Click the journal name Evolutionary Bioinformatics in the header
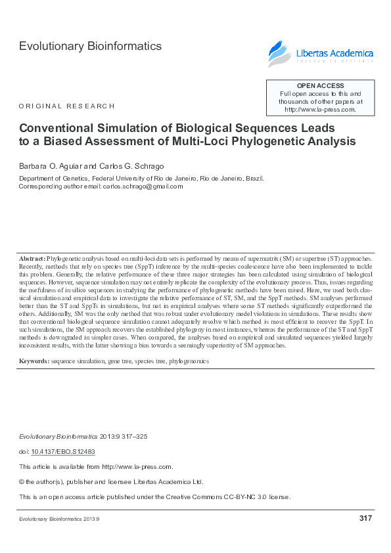coord(90,46)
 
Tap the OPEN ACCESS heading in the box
coord(320,86)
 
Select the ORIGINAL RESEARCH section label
coord(66,106)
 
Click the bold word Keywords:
coord(34,361)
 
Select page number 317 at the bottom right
coord(366,518)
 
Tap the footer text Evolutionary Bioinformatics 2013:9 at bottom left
coord(58,519)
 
